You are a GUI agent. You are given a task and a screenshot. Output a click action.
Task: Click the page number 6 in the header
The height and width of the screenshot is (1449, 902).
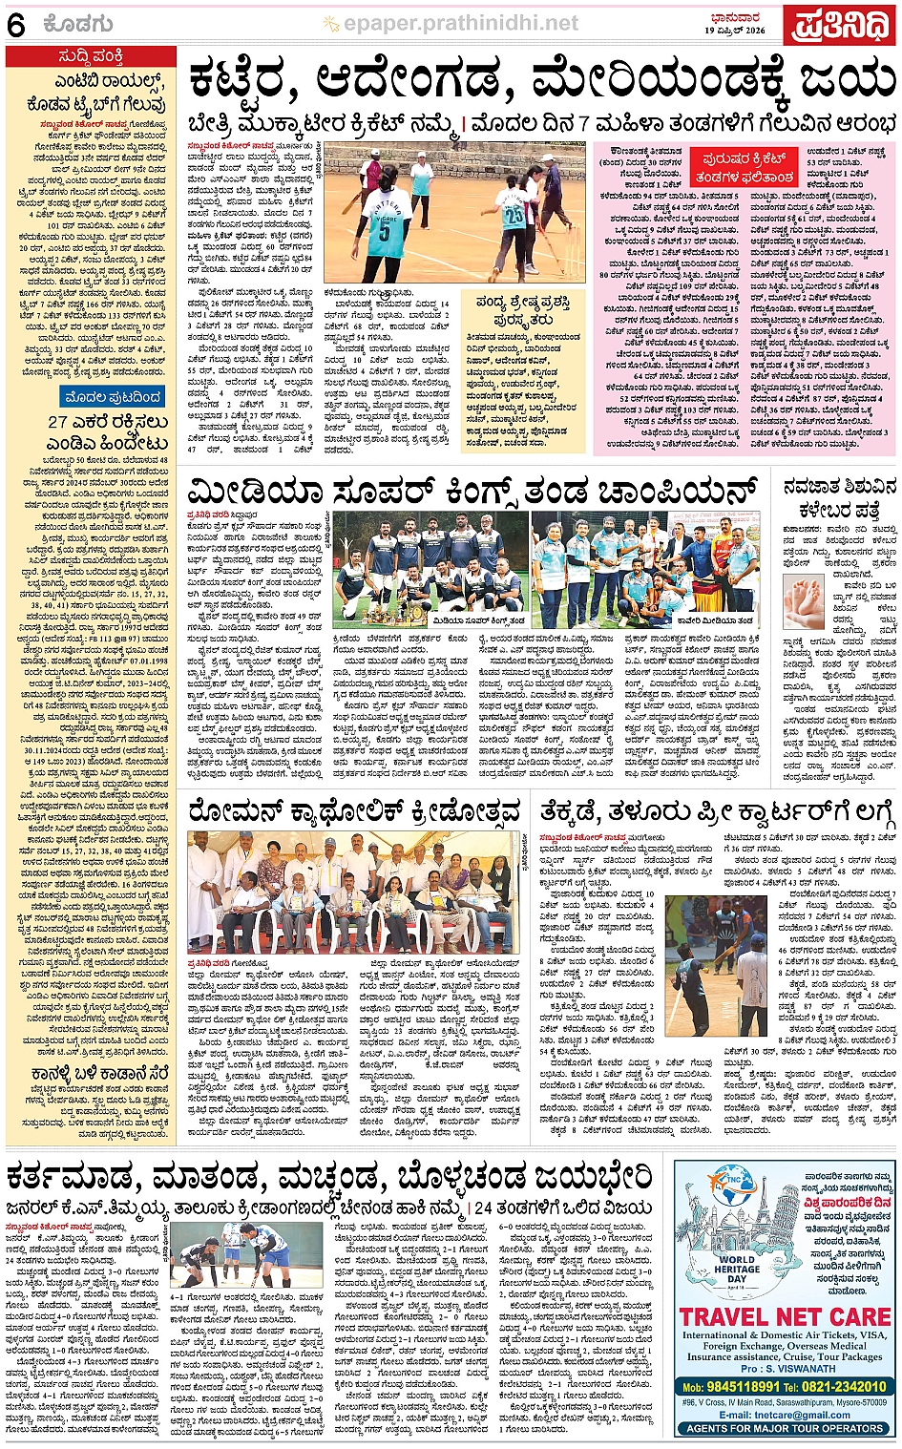pyautogui.click(x=16, y=26)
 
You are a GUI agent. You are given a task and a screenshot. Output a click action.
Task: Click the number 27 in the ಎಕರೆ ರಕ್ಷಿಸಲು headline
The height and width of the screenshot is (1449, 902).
pyautogui.click(x=58, y=422)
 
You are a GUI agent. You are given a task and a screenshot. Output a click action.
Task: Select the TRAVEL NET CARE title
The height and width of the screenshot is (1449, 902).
pyautogui.click(x=785, y=1318)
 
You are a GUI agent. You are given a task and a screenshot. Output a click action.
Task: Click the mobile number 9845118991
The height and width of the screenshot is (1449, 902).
pyautogui.click(x=731, y=1386)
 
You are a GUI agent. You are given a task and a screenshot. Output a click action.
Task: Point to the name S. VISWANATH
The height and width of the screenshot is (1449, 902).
pyautogui.click(x=801, y=1368)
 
